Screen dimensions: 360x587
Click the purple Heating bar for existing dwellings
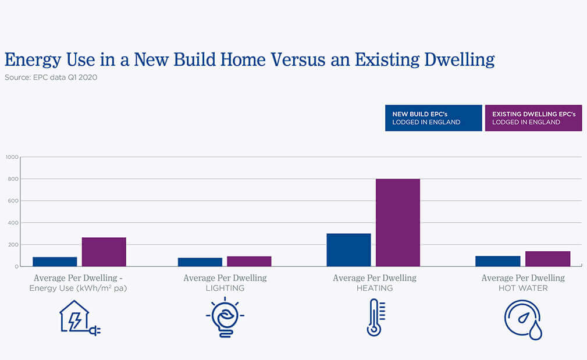(x=398, y=222)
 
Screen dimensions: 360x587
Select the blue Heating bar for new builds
(x=348, y=249)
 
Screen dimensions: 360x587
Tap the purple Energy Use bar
(x=104, y=251)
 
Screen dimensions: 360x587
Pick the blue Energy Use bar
(x=55, y=261)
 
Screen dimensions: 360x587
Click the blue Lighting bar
(x=200, y=262)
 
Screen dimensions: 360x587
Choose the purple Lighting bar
(x=249, y=261)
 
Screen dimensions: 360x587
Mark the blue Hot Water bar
(x=497, y=261)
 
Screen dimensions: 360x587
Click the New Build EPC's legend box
(x=433, y=118)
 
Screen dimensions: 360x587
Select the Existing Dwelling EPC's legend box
(x=533, y=118)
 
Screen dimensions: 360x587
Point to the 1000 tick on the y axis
(x=12, y=157)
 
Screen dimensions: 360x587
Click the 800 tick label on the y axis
(x=13, y=179)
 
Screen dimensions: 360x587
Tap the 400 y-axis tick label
(x=13, y=223)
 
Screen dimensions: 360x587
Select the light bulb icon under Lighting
(x=225, y=317)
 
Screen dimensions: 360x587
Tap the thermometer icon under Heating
(x=375, y=318)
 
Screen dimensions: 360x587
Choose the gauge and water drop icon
(x=523, y=318)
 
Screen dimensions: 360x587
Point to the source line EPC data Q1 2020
(x=51, y=77)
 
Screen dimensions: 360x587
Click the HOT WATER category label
(x=523, y=288)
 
